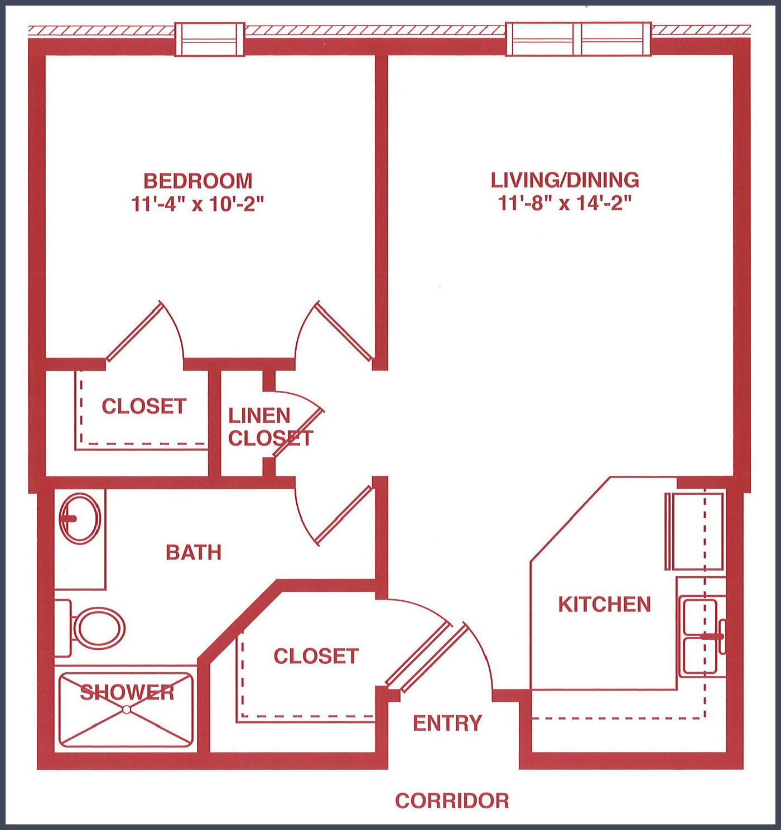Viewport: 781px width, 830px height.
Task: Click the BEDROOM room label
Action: [x=197, y=181]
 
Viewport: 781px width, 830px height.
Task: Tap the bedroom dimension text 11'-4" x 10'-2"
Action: [x=198, y=205]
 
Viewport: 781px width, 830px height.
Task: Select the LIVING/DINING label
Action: [x=565, y=180]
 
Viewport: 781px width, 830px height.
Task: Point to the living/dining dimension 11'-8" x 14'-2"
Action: [x=565, y=204]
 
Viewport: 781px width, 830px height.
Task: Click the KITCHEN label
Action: [x=605, y=604]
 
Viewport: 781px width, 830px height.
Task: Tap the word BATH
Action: [x=194, y=552]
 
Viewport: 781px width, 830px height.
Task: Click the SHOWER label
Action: [x=127, y=692]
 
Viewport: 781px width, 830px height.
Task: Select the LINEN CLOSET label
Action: [x=270, y=427]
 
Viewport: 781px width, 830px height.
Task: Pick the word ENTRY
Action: [x=447, y=723]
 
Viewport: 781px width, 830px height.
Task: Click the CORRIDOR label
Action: [x=452, y=801]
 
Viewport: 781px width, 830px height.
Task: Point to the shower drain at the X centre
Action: [x=126, y=710]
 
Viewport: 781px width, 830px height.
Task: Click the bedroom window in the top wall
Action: [x=209, y=39]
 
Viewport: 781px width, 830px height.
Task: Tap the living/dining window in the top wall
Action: [x=578, y=39]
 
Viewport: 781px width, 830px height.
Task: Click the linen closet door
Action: [x=298, y=432]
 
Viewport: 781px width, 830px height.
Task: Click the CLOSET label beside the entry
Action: [x=316, y=656]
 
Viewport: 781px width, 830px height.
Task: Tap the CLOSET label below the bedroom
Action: [x=144, y=406]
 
